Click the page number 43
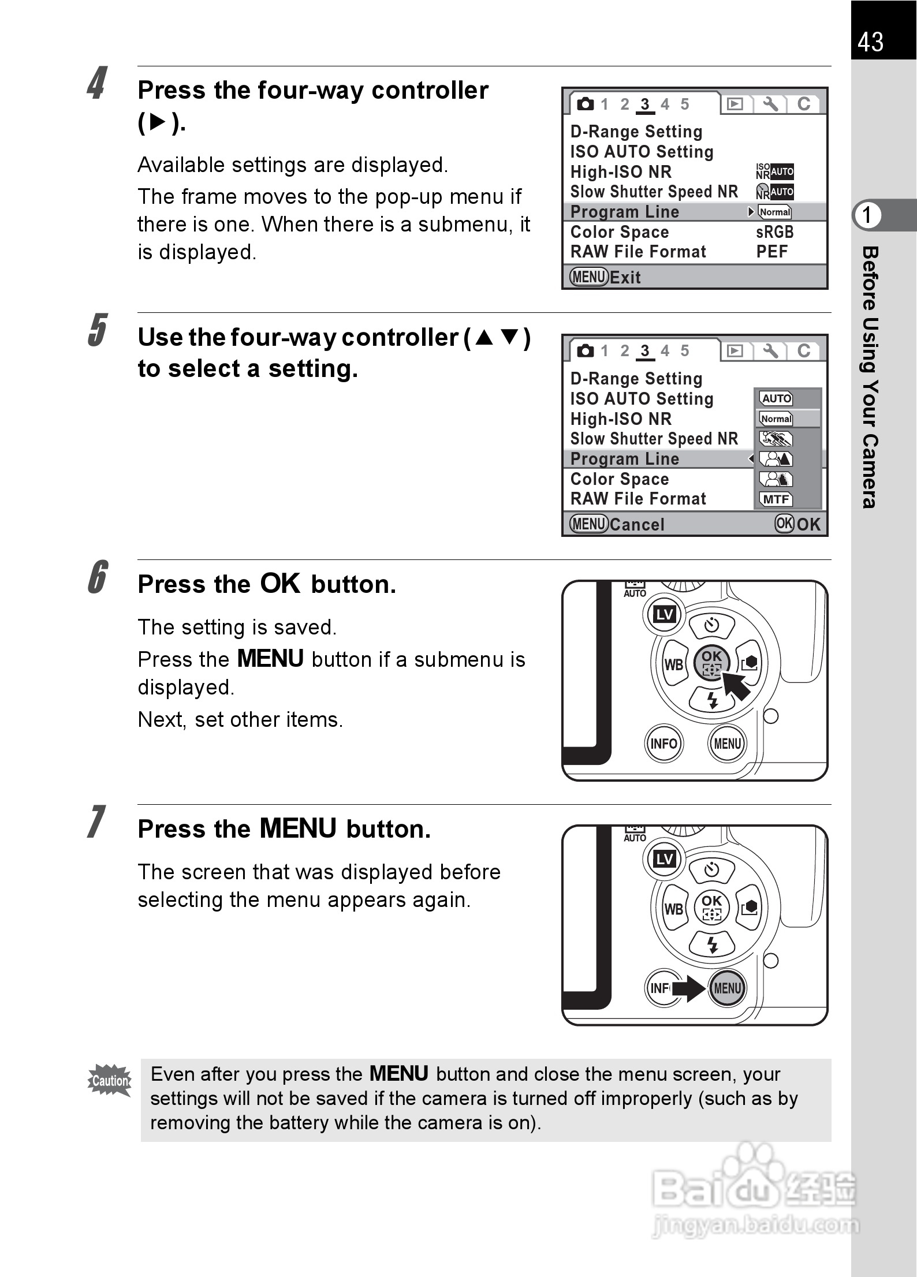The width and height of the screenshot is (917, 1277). (x=870, y=42)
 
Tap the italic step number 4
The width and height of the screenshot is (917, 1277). (x=97, y=84)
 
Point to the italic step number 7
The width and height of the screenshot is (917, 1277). (x=96, y=822)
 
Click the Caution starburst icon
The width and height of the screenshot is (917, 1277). (x=110, y=1080)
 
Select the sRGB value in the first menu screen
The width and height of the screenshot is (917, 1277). (x=774, y=232)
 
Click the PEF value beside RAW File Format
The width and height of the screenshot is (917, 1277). (x=772, y=252)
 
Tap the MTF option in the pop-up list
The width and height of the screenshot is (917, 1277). (x=776, y=499)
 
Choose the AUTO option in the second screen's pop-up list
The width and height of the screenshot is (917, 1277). (x=776, y=398)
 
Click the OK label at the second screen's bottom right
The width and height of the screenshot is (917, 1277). (x=808, y=524)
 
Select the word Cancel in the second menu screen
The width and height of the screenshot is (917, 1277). (x=637, y=525)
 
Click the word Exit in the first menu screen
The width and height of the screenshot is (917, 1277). (x=625, y=278)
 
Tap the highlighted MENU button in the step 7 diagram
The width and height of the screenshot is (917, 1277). (x=727, y=988)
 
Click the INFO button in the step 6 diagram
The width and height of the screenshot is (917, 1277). (x=663, y=744)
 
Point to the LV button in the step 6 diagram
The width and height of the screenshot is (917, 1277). (x=664, y=615)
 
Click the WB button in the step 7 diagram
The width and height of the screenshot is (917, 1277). (x=674, y=909)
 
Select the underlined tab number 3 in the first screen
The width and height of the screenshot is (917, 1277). (x=645, y=104)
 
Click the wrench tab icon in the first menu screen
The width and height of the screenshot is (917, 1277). (x=770, y=104)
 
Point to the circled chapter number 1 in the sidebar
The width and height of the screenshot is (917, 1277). (x=867, y=215)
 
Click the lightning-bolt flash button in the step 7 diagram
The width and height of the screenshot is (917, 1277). (x=713, y=945)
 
